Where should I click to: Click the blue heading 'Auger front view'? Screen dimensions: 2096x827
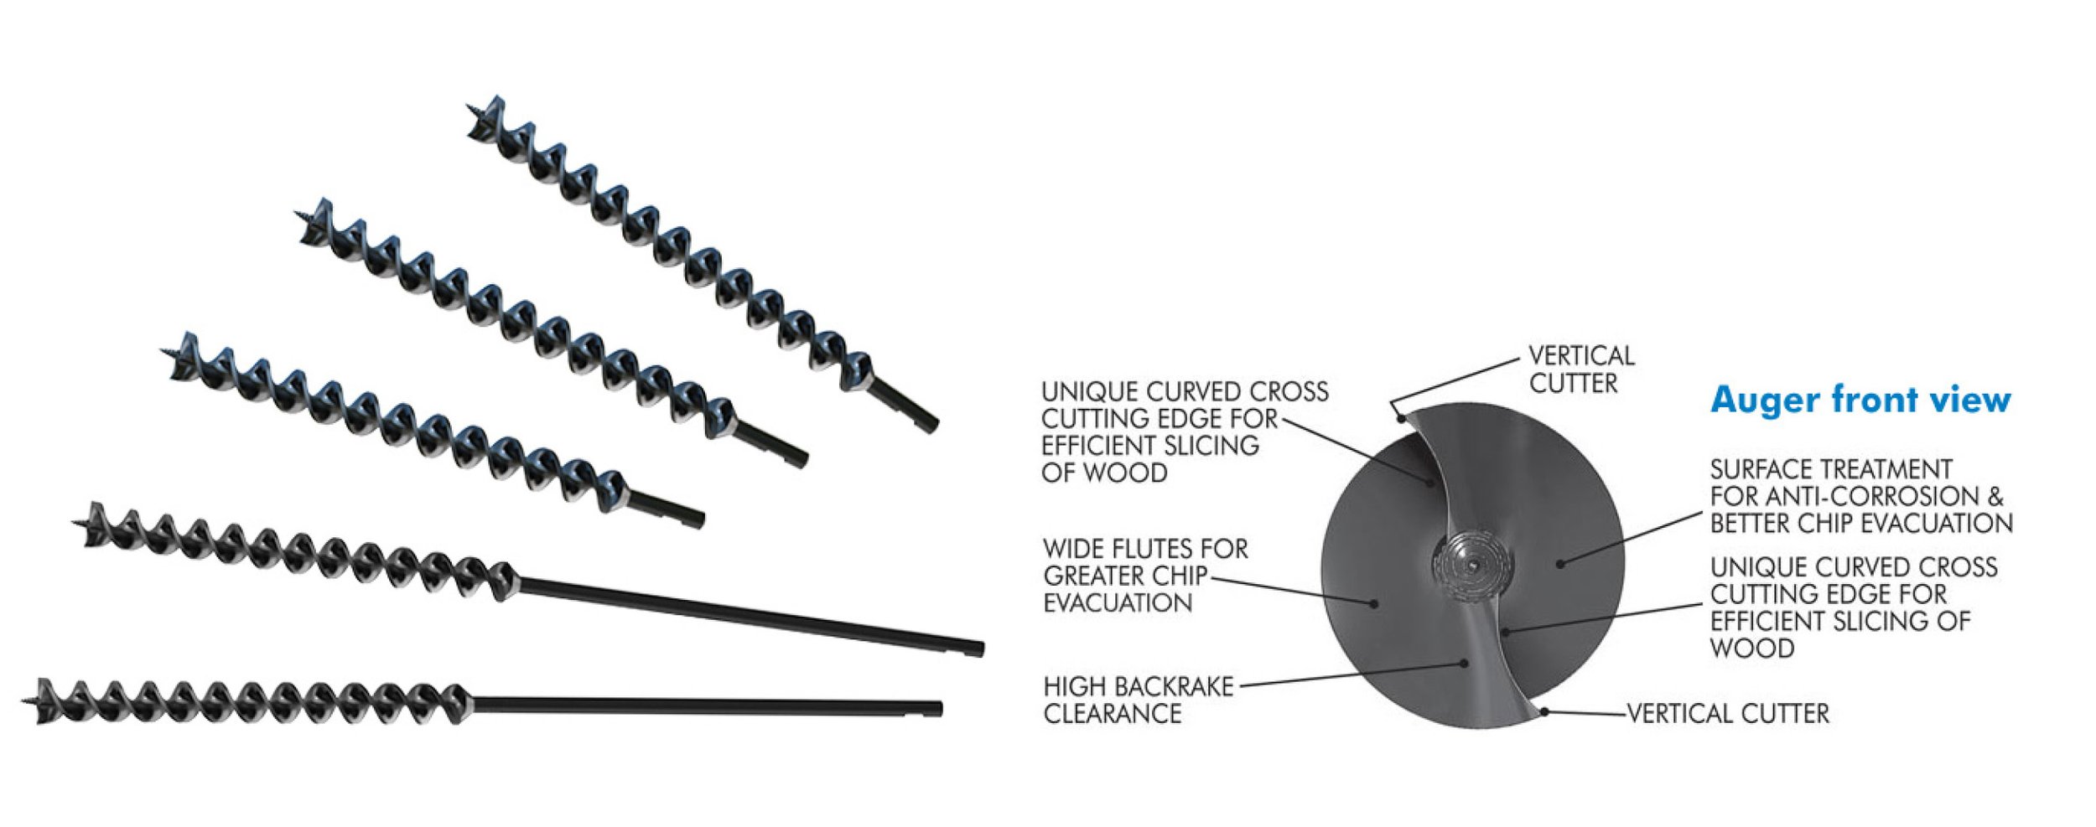pos(1860,400)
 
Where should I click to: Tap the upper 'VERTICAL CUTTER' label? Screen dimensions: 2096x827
pos(1580,370)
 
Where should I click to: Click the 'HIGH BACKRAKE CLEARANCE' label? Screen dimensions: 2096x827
pos(1138,700)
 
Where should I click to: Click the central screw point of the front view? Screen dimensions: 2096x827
pos(1473,566)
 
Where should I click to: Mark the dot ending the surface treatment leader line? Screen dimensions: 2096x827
pos(1560,564)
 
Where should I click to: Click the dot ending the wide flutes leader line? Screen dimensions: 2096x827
pos(1374,602)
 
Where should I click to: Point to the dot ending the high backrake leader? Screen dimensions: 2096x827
pos(1465,664)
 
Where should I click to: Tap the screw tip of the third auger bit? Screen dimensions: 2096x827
pos(165,351)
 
